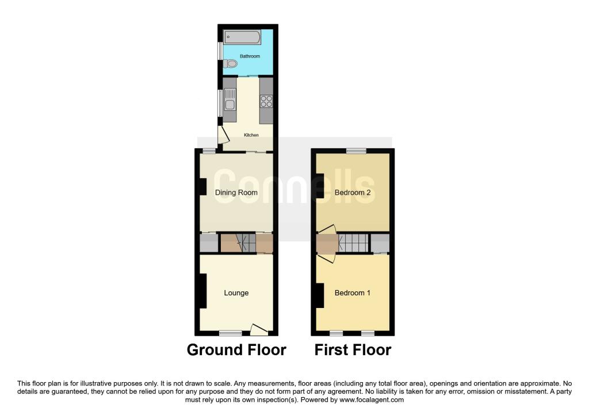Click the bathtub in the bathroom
click(x=242, y=38)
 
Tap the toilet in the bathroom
click(x=231, y=64)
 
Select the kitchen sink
click(x=230, y=104)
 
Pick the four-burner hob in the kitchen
click(x=266, y=102)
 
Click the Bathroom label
click(x=250, y=56)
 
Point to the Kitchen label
click(x=251, y=135)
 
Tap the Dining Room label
click(x=236, y=192)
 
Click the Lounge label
click(x=236, y=293)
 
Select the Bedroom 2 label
click(x=353, y=192)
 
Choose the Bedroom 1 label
click(x=353, y=293)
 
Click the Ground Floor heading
click(x=236, y=349)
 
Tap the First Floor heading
click(x=353, y=349)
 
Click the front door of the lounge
click(x=259, y=330)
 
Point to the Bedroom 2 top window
click(x=356, y=151)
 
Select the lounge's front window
click(x=231, y=333)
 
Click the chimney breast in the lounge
click(x=203, y=291)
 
